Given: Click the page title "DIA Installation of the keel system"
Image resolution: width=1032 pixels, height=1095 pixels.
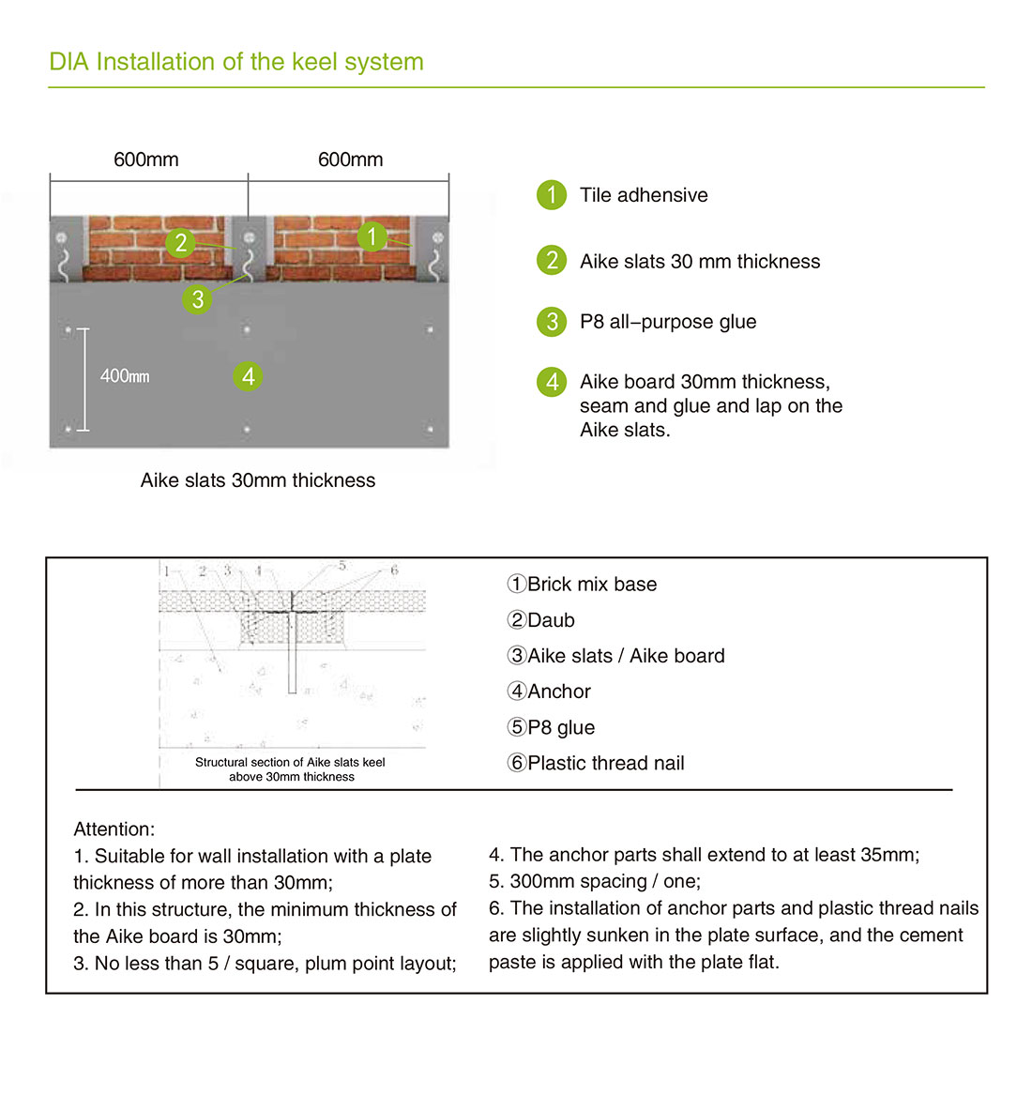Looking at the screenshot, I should coord(236,62).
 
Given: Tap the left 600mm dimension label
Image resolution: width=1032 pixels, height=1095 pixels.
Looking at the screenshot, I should coord(146,160).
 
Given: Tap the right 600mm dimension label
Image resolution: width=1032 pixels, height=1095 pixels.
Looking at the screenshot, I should coord(350,160).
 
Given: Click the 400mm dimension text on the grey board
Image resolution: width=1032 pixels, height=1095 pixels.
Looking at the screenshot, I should coord(125,376).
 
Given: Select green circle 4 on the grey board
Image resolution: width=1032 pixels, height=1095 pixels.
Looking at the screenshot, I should coord(248,377).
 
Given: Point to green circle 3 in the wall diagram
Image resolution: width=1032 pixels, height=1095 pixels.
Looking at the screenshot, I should coord(197,299).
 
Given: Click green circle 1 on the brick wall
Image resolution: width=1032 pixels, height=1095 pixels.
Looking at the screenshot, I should coord(372,236).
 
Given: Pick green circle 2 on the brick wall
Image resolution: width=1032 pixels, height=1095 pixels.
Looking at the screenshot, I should coord(180,243).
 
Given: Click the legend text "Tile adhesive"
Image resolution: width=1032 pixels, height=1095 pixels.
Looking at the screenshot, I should coord(644,195).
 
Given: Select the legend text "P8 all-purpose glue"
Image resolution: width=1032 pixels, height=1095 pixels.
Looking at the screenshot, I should coord(668,322).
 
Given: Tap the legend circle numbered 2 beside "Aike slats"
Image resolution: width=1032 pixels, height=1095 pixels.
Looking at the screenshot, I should coord(552,261).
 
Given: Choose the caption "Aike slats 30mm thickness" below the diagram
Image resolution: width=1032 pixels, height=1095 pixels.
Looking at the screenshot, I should coord(258,480).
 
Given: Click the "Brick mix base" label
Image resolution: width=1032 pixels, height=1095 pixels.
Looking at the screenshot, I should coord(592,585).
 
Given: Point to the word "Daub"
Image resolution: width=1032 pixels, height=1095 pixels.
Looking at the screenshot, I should coord(551,620).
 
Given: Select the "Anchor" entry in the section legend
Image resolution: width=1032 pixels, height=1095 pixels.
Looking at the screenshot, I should coord(559,692).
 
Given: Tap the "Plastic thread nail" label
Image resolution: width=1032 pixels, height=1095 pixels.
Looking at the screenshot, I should coord(606,764).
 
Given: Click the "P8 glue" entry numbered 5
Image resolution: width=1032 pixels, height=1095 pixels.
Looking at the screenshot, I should coord(561,728).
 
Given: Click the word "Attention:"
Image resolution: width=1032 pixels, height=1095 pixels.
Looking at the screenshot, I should coord(114,829).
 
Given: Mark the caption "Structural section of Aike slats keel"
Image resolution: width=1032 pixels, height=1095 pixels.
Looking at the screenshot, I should coord(290,763).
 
